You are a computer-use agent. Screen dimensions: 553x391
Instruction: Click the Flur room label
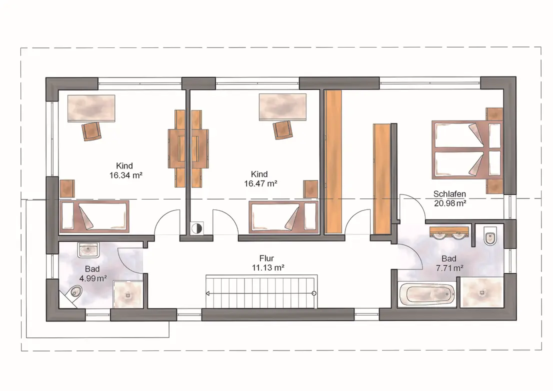coord(266,258)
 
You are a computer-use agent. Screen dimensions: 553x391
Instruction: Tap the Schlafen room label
coord(449,194)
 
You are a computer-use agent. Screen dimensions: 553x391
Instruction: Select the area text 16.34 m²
coord(126,175)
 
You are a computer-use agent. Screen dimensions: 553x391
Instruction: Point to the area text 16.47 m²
coord(260,183)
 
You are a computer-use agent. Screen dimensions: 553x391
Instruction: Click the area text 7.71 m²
coord(449,268)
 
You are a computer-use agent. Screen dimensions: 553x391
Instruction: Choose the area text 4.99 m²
coord(93,278)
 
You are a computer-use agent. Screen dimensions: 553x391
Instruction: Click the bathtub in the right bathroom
coord(426,294)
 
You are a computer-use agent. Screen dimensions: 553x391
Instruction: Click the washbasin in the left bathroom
coord(88,250)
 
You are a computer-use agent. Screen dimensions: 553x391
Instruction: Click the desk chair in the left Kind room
coord(92,131)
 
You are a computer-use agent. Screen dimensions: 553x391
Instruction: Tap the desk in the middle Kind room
coord(282,107)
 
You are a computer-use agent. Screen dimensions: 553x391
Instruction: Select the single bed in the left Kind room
coord(94,216)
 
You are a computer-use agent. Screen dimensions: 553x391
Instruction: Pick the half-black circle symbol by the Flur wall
coord(196,228)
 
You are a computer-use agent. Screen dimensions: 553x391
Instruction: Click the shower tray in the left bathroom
coord(127,295)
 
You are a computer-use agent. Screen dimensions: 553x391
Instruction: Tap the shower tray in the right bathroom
coord(482,292)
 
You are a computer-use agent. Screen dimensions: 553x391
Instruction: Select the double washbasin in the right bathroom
coord(448,233)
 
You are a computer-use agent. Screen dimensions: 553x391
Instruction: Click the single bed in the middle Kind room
coord(284,217)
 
